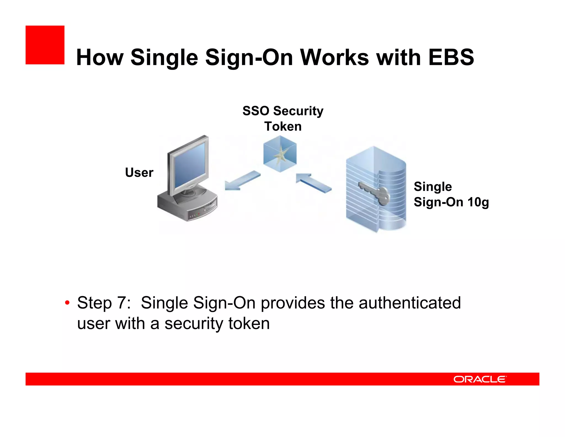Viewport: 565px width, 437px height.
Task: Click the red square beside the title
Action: (x=45, y=45)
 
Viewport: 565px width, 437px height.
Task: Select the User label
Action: (x=139, y=172)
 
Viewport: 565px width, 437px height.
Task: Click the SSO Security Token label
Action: (x=283, y=118)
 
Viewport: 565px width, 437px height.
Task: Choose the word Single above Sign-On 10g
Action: (x=433, y=187)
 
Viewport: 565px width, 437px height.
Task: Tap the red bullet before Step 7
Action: (x=67, y=303)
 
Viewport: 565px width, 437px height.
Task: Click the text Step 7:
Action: (x=104, y=303)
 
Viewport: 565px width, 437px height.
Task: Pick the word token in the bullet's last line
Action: (x=249, y=323)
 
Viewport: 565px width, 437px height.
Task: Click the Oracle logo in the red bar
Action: (x=480, y=379)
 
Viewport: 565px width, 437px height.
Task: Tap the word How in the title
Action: (x=100, y=57)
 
